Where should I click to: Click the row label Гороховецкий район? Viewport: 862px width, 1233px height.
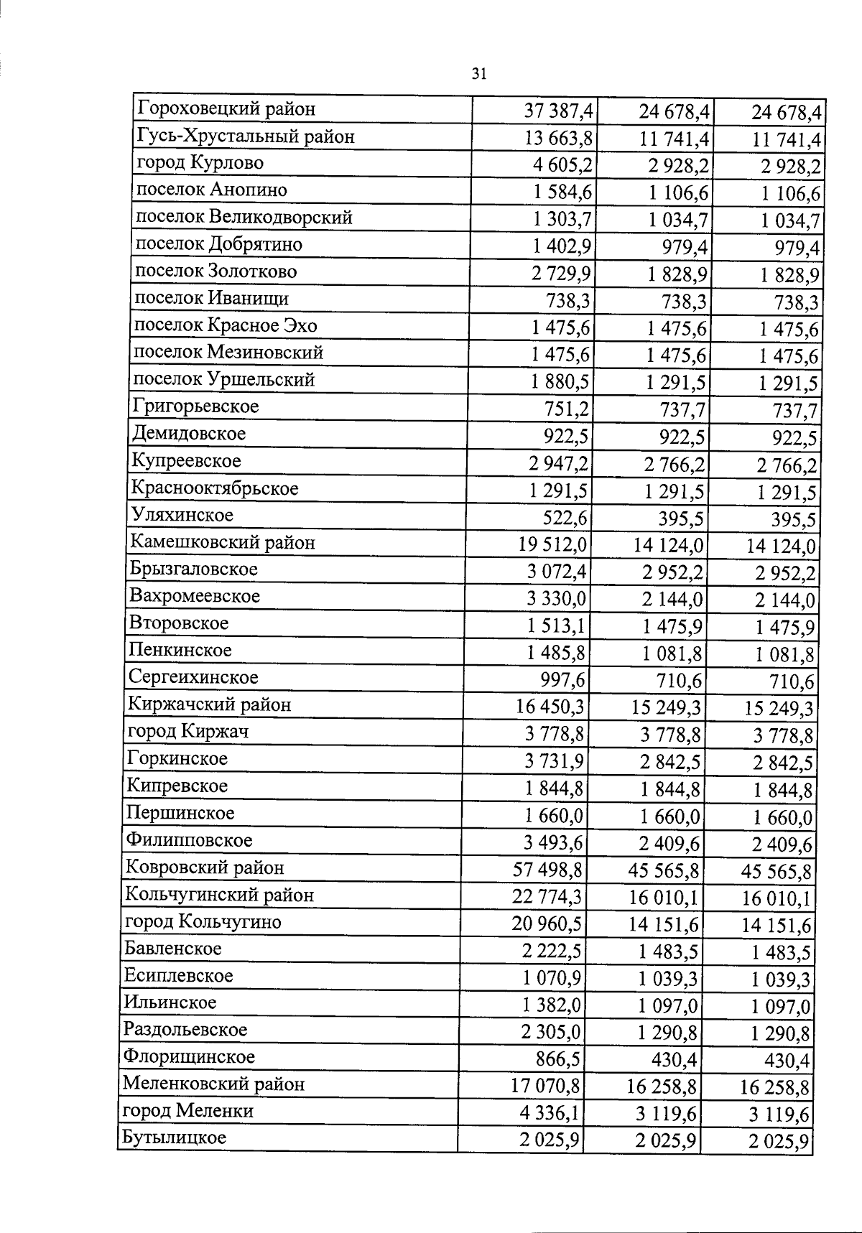click(226, 109)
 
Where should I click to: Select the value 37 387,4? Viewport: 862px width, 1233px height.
click(559, 111)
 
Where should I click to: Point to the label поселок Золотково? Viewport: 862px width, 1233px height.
click(215, 271)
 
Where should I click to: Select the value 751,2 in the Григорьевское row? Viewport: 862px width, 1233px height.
click(567, 409)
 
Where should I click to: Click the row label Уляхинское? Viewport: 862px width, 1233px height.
click(182, 515)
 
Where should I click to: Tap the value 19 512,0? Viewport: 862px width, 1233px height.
click(552, 545)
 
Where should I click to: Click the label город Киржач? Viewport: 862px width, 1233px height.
click(187, 732)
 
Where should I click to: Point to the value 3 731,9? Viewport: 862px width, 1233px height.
click(555, 761)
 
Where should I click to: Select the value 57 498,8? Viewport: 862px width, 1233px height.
click(547, 870)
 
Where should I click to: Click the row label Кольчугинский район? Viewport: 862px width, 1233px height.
click(219, 895)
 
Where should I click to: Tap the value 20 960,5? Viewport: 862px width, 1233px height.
click(547, 924)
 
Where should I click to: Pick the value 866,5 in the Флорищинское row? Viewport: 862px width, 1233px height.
click(559, 1060)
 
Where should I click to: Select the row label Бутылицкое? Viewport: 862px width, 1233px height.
click(175, 1137)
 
